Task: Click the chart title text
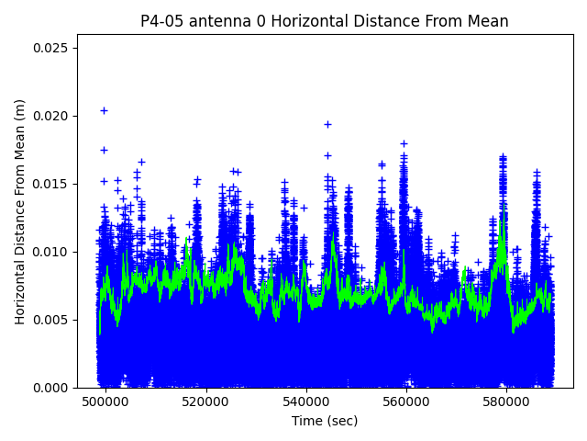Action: [325, 21]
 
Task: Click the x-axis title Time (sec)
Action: [325, 421]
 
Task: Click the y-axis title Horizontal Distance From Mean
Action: [20, 211]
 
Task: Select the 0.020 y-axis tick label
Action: [53, 116]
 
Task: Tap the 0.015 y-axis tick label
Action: [53, 184]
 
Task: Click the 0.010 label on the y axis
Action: [53, 252]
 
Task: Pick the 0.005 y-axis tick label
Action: [53, 320]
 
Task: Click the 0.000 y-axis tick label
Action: [53, 388]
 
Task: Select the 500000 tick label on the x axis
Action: [105, 402]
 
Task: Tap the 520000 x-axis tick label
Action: [206, 402]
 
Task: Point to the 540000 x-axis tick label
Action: [306, 402]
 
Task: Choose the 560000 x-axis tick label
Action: [407, 402]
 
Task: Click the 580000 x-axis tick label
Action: [507, 402]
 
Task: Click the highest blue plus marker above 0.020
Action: [104, 110]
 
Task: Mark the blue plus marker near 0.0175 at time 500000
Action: [104, 150]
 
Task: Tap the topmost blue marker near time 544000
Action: [327, 124]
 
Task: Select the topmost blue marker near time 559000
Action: [404, 143]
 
